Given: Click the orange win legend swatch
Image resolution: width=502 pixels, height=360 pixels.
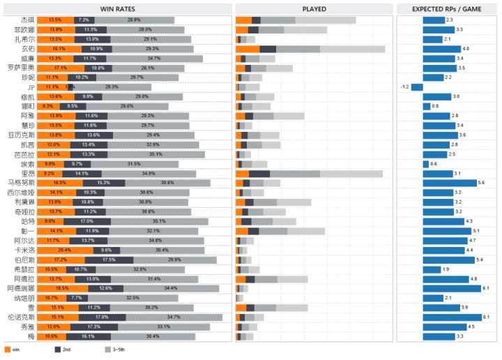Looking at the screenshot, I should click(7, 349).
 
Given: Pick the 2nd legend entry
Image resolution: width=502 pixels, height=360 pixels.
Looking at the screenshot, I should click(59, 349).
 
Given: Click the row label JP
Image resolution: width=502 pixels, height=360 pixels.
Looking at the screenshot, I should click(30, 87).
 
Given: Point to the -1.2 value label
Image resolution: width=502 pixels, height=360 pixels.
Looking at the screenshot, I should click(404, 87).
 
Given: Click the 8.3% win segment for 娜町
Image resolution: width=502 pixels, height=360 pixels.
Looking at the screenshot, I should click(47, 106).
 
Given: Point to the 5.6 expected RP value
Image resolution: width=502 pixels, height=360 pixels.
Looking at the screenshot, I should click(482, 183).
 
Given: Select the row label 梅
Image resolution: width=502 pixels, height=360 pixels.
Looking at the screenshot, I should click(30, 336).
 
